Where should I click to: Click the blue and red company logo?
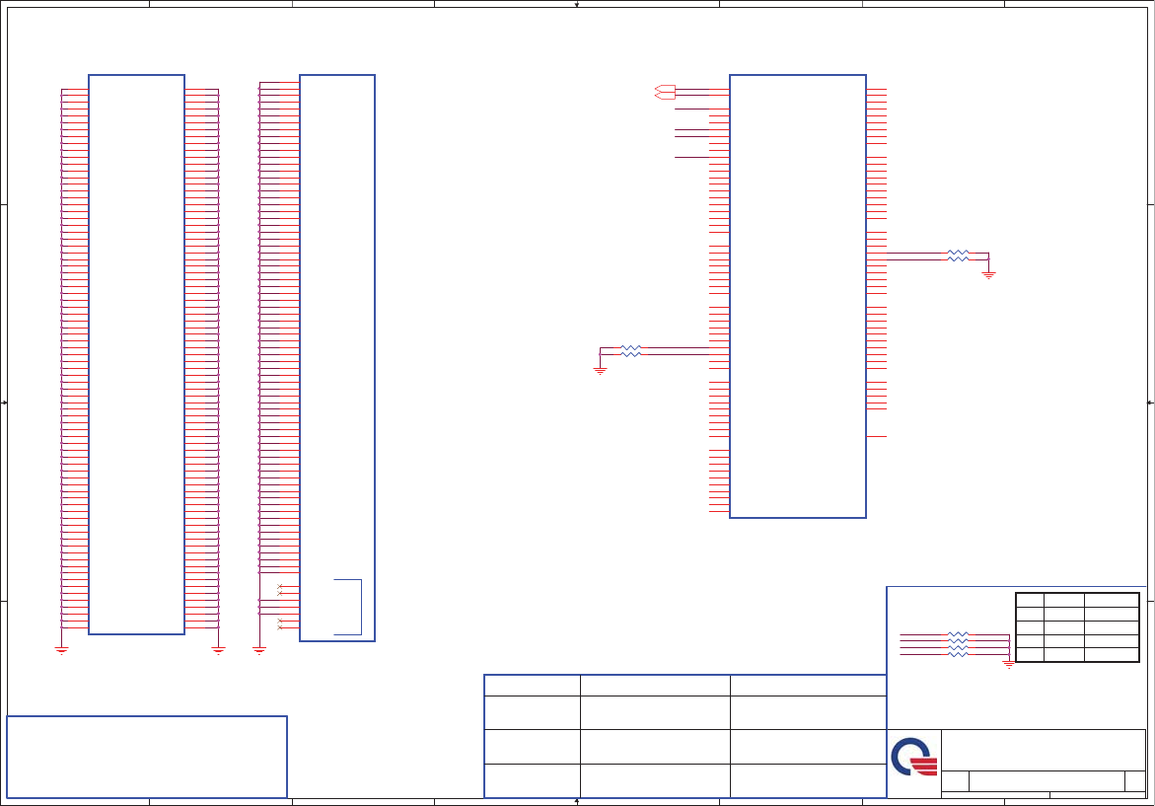coord(913,757)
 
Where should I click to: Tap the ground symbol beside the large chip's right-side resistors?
coord(988,274)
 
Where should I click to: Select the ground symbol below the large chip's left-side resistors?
coord(600,370)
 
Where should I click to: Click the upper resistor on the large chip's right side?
coord(958,253)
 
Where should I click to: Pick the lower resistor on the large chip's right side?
coord(958,259)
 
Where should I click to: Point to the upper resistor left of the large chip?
coord(630,346)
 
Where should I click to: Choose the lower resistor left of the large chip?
coord(630,353)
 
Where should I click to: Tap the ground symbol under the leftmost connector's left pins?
coord(61,649)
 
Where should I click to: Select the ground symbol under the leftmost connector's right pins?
coord(219,649)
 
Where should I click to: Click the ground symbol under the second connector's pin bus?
coord(259,649)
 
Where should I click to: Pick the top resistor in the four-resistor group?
coord(958,633)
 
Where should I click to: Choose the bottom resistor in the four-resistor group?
coord(958,655)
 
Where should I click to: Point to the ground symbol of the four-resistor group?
coord(1008,664)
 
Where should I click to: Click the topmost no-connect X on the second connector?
coord(281,588)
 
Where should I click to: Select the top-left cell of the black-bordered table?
coord(1030,599)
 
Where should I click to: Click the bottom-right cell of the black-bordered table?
coord(1112,654)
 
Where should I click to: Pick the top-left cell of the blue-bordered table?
coord(532,685)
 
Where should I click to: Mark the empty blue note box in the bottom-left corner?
coord(147,757)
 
